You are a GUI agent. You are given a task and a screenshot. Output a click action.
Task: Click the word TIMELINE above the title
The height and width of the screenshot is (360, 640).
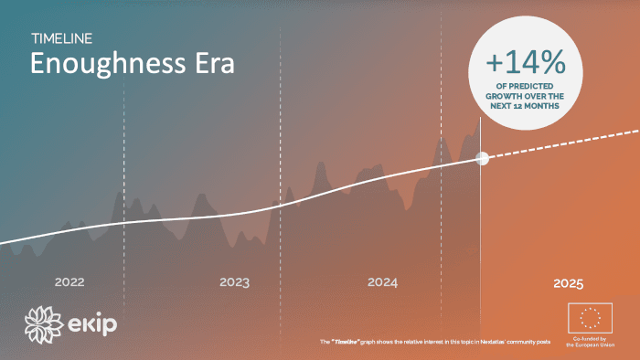[61, 38]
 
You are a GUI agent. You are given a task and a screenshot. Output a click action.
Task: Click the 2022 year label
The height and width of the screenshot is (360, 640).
[69, 282]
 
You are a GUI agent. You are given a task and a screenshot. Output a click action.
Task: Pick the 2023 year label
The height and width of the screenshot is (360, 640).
[234, 282]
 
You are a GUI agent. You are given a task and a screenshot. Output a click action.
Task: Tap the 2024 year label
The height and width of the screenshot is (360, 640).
[382, 282]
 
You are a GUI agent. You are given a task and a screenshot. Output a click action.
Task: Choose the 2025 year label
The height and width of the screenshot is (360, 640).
[568, 283]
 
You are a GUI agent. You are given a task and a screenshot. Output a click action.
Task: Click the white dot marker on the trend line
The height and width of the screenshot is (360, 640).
[483, 158]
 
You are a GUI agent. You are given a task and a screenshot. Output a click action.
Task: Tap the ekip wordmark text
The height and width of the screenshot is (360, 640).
[93, 324]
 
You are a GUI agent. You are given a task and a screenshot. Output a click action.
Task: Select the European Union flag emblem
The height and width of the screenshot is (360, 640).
[591, 318]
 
